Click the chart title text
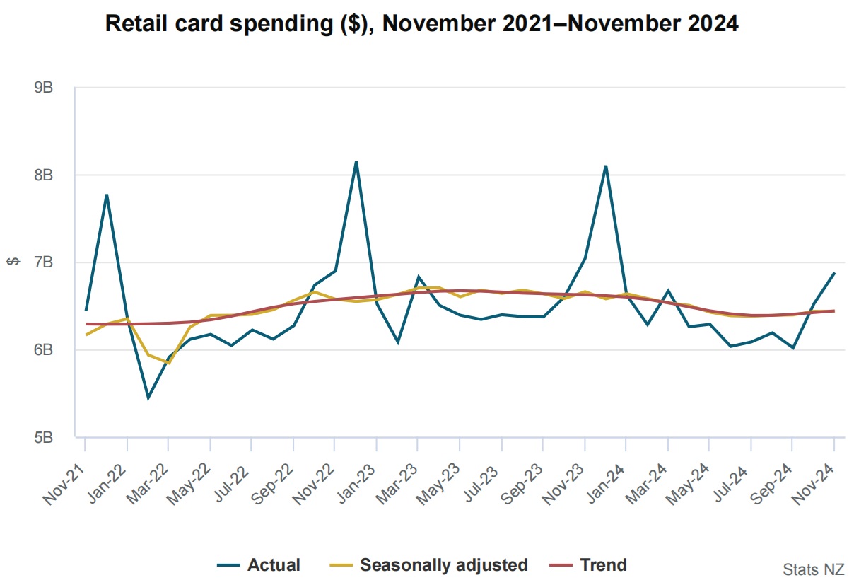click(422, 23)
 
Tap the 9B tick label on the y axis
click(44, 88)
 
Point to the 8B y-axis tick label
click(44, 175)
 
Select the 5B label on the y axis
click(44, 437)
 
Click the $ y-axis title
click(13, 262)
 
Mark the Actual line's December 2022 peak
click(356, 162)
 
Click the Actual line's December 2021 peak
click(106, 195)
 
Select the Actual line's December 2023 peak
click(606, 166)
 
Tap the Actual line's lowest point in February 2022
click(148, 398)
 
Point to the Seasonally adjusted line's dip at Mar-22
click(168, 363)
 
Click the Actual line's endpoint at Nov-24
click(834, 273)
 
